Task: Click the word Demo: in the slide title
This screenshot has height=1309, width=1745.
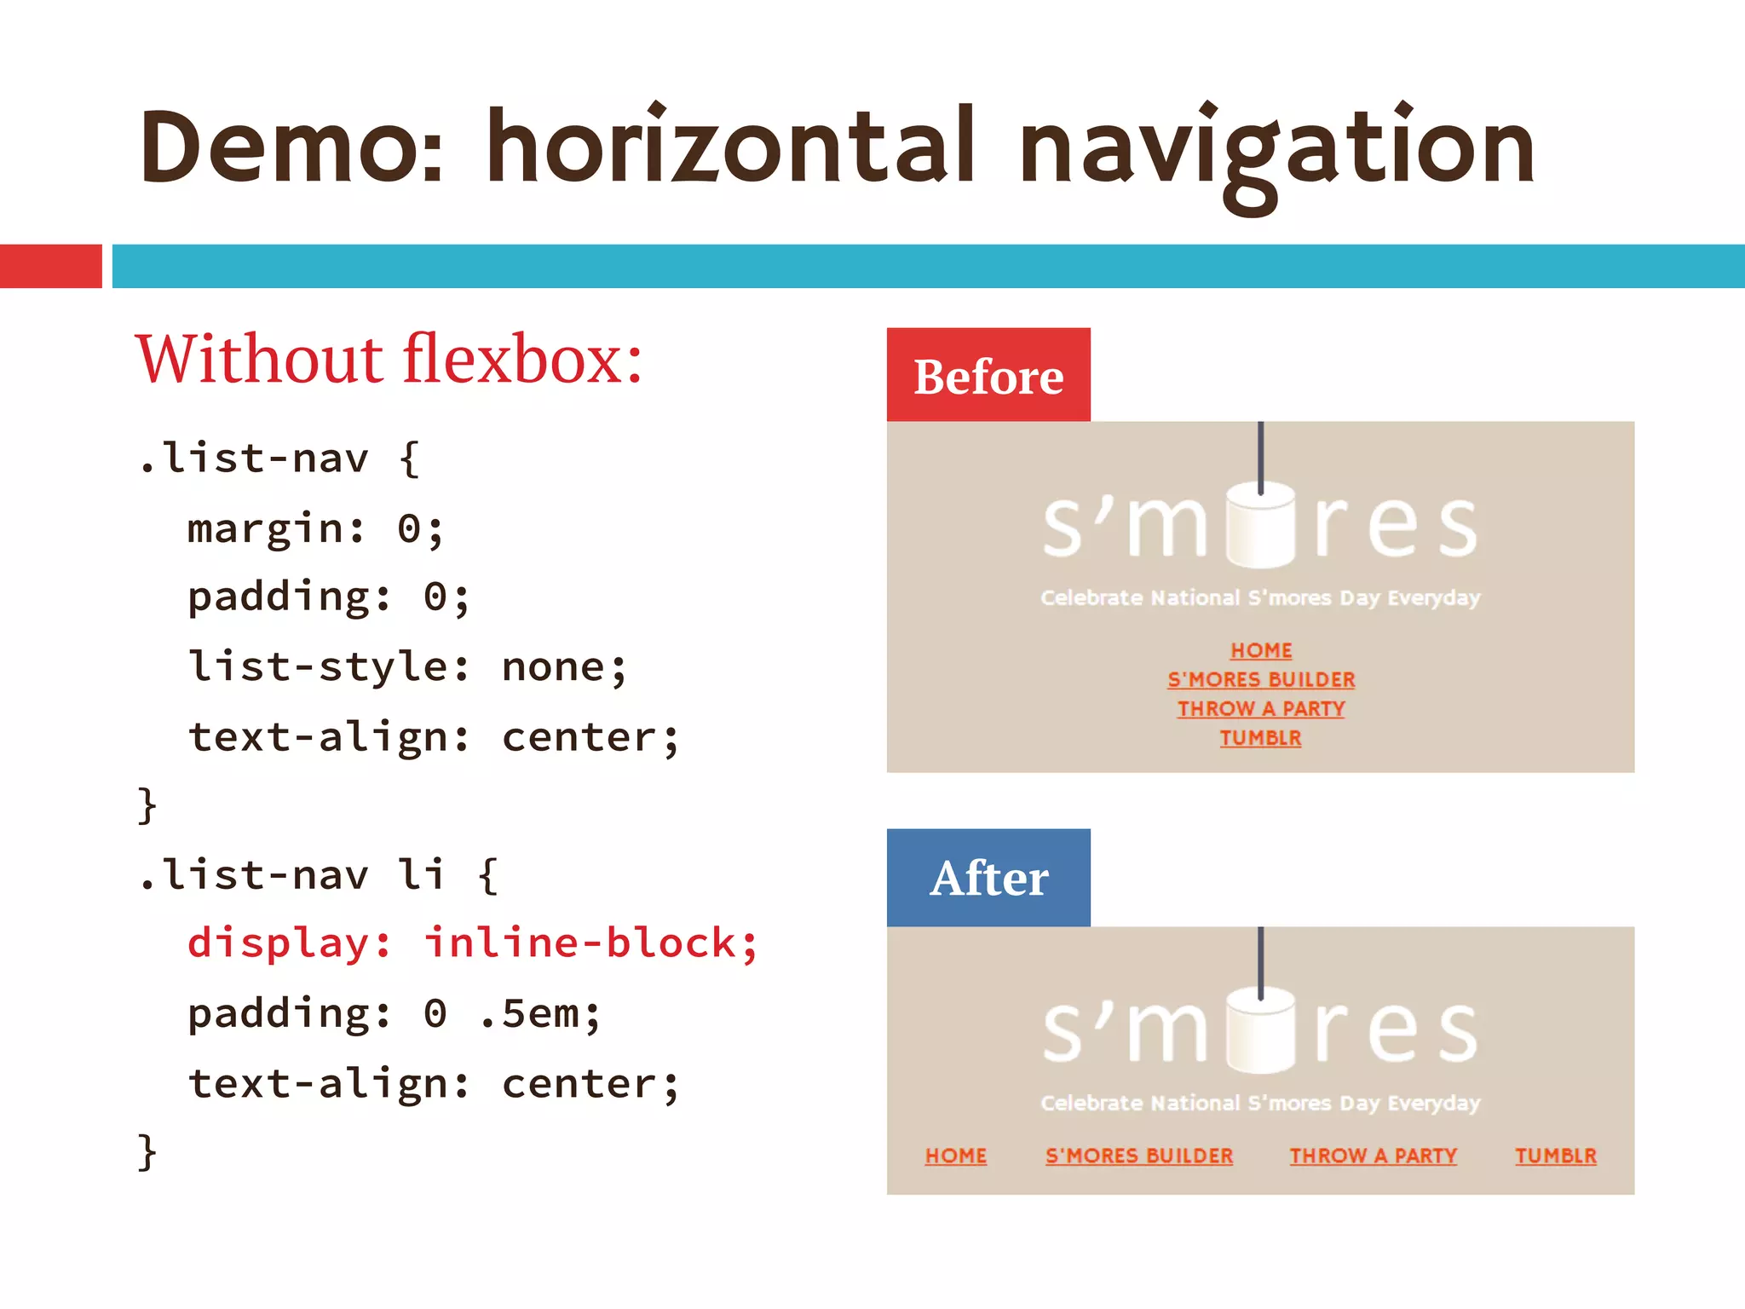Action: coord(291,147)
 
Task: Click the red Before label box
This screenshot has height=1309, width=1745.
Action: coord(988,375)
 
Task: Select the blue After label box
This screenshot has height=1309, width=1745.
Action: coord(988,878)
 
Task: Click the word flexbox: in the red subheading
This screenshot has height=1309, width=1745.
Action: coord(522,360)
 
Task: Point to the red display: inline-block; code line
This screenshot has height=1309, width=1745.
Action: coord(472,943)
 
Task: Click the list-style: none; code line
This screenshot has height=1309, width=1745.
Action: coord(407,666)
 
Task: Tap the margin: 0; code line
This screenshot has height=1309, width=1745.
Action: coord(315,528)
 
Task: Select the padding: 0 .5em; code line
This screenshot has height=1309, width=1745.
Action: coord(394,1013)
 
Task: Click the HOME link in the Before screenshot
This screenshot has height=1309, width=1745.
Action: coord(1261,650)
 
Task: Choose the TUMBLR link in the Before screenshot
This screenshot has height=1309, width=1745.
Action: coord(1260,738)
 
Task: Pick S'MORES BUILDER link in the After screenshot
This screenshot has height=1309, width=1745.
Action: coord(1139,1156)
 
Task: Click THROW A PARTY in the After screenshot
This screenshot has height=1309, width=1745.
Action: coord(1373,1156)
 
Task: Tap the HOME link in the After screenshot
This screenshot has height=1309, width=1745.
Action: coord(956,1156)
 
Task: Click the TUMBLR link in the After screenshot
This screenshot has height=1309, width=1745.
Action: coord(1555,1156)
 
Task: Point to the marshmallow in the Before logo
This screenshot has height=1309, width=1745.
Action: coord(1261,524)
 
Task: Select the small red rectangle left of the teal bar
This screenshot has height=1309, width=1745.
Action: coord(50,266)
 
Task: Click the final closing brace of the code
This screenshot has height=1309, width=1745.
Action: coord(147,1151)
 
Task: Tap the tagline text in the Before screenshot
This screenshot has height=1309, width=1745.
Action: coord(1260,597)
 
